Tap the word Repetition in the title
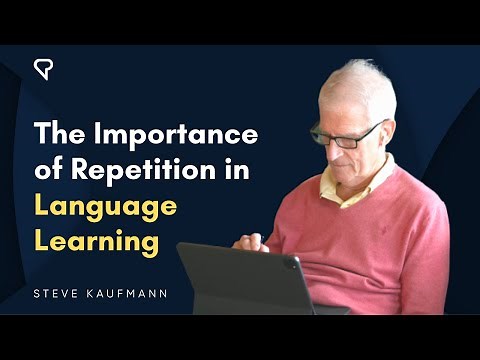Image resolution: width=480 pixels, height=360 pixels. coord(176,170)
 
